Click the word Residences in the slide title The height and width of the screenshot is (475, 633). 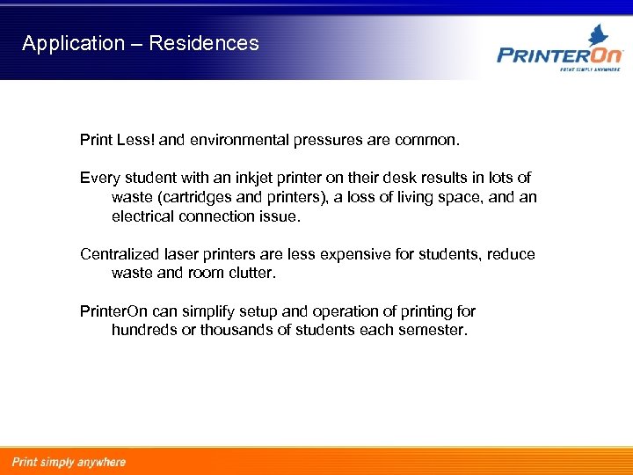coord(204,43)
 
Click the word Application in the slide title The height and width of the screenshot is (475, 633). coord(74,43)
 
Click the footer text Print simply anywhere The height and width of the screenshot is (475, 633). coord(69,462)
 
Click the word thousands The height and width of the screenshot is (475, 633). coord(236,330)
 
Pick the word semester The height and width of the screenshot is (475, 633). coord(430,330)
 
